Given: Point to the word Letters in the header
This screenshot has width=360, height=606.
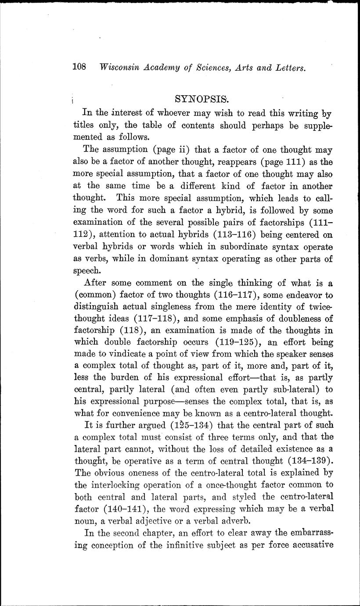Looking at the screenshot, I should click(286, 68).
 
